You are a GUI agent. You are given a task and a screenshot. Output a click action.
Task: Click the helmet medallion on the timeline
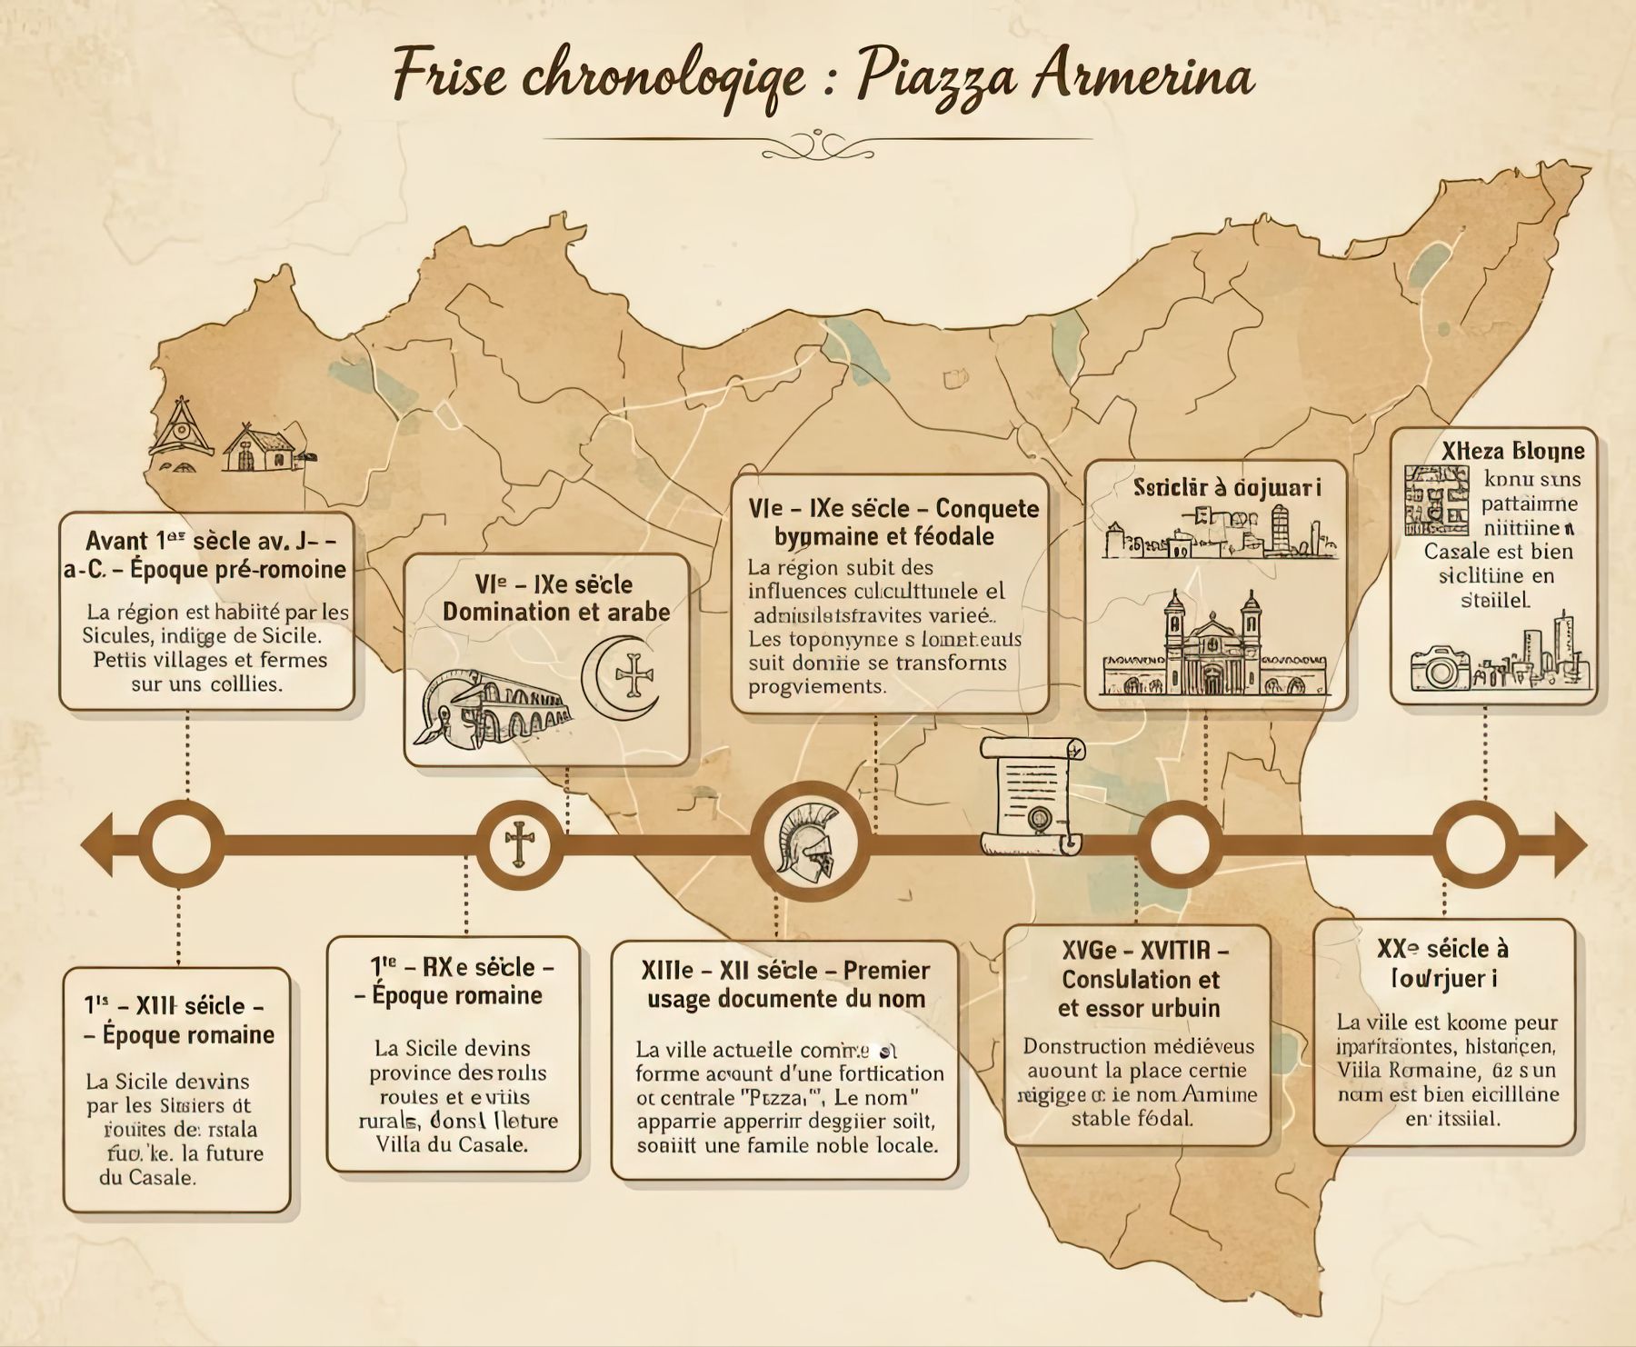click(808, 842)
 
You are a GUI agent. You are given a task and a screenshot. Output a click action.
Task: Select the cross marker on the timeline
click(520, 844)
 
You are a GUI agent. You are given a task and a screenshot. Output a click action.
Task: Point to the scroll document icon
click(1032, 796)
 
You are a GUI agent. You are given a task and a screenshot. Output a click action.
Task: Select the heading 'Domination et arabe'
click(556, 612)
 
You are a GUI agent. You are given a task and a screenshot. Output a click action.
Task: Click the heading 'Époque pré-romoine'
click(238, 570)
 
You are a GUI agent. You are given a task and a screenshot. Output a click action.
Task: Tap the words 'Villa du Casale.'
click(452, 1143)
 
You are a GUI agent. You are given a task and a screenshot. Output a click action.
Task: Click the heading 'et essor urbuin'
click(1138, 1008)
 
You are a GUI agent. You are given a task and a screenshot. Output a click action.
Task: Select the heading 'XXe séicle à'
click(1442, 949)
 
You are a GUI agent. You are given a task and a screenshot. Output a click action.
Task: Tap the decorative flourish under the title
click(817, 143)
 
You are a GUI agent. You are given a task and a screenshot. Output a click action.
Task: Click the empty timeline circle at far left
click(182, 844)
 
